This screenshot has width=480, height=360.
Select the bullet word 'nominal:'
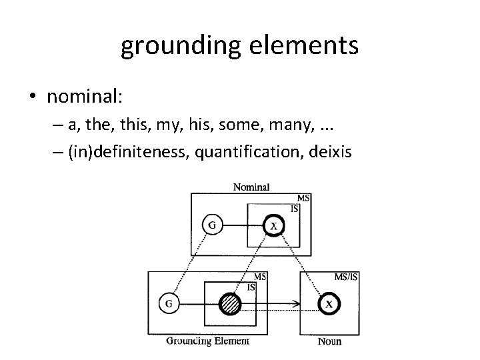point(84,97)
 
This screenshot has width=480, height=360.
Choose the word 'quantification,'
point(243,153)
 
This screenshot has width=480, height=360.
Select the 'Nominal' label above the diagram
point(251,187)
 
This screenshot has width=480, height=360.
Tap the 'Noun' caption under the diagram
point(329,342)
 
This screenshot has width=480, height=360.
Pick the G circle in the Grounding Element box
point(168,305)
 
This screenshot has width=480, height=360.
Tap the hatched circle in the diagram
point(230,305)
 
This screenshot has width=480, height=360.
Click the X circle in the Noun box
point(328,305)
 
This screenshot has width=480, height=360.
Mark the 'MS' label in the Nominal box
point(303,199)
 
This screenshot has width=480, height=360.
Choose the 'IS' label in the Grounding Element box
point(251,287)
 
